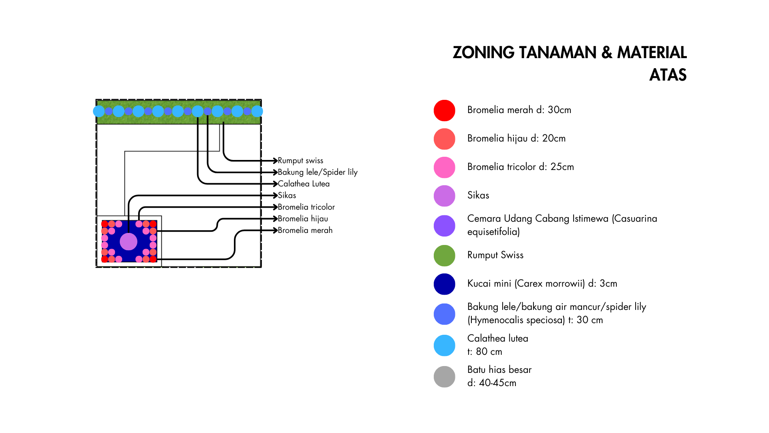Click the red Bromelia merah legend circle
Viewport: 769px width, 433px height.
tap(444, 110)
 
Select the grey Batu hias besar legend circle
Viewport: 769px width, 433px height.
tap(444, 376)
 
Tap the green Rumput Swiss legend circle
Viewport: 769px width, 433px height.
tap(444, 255)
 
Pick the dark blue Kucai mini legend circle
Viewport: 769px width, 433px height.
tap(444, 284)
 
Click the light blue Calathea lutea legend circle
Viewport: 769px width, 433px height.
tap(444, 345)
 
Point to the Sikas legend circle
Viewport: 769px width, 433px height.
tap(444, 196)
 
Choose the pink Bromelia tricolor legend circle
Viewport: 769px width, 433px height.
tap(444, 167)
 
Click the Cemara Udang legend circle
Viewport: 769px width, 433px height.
tap(444, 226)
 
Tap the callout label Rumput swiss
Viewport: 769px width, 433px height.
tap(300, 161)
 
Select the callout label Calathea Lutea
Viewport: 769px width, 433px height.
tap(304, 184)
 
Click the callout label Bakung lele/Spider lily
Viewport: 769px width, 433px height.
tap(318, 172)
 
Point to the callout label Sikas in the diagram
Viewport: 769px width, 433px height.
tap(287, 195)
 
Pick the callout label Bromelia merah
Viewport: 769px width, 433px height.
tap(305, 230)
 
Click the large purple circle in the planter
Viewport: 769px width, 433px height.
tap(129, 241)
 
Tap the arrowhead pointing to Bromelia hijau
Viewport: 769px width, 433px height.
tap(275, 219)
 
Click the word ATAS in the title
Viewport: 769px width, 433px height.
tap(668, 75)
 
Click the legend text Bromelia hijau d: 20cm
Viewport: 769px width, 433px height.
tap(516, 138)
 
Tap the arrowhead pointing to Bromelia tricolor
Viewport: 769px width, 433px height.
tap(275, 207)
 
